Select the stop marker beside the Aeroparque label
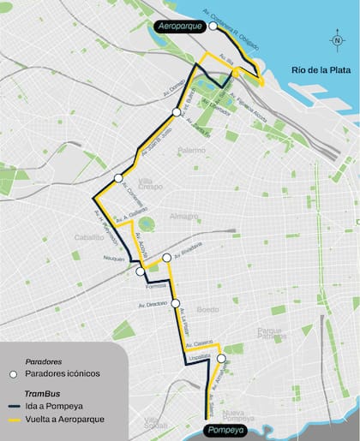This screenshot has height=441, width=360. tap(213, 27)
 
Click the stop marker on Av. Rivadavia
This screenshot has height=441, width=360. tap(166, 257)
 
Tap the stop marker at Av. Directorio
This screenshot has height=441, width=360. tap(175, 303)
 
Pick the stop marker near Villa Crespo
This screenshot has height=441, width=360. tap(118, 178)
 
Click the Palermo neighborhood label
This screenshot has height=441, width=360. tap(192, 152)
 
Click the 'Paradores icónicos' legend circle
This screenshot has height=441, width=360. tap(14, 374)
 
